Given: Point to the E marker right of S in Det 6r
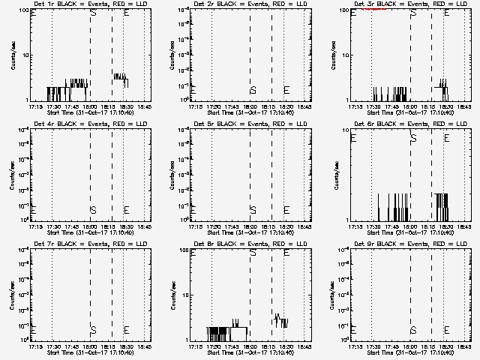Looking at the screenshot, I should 447,138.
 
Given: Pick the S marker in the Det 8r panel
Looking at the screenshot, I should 253,253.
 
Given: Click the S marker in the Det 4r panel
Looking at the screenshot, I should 93,210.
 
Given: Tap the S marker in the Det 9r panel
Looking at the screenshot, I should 413,329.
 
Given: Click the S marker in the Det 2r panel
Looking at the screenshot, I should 253,90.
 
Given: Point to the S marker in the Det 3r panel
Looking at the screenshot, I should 413,13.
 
